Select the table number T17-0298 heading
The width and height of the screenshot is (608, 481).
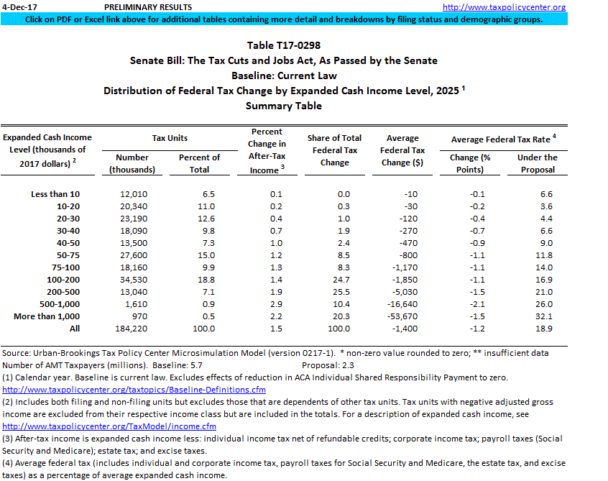point(283,45)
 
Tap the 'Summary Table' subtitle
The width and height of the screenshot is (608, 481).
point(283,106)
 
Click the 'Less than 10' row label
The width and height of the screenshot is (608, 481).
point(56,194)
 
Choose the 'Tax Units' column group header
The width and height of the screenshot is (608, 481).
point(170,137)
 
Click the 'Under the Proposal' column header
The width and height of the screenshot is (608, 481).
point(538,163)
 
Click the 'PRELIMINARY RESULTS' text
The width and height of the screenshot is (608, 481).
point(138,7)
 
